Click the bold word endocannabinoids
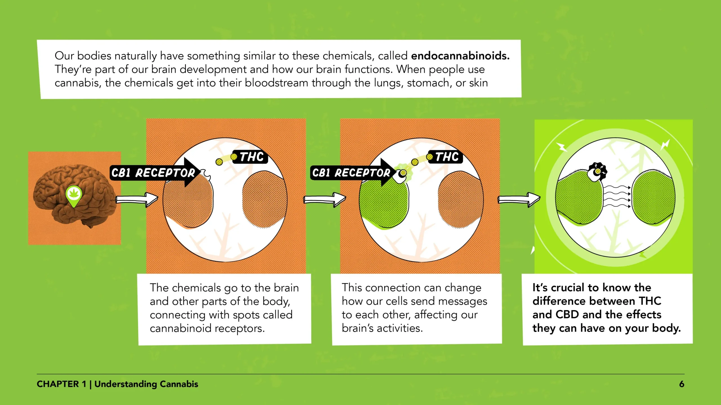[460, 56]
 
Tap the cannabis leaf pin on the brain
[74, 195]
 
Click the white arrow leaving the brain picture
[137, 199]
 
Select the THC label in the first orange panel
[252, 157]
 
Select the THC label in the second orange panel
[447, 157]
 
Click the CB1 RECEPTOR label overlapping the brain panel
[153, 173]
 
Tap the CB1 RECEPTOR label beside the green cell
[351, 173]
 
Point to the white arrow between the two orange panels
[324, 199]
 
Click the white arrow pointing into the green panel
[519, 199]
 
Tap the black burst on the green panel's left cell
[597, 171]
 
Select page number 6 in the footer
[681, 384]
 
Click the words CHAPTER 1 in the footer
[61, 384]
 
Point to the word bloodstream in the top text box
[276, 83]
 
